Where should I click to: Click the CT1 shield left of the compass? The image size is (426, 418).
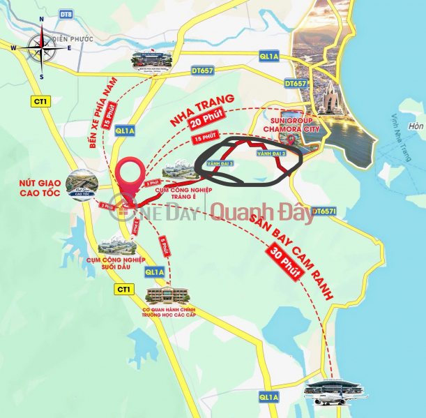point(40,102)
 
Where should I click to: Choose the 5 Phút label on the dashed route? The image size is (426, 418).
point(162,246)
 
